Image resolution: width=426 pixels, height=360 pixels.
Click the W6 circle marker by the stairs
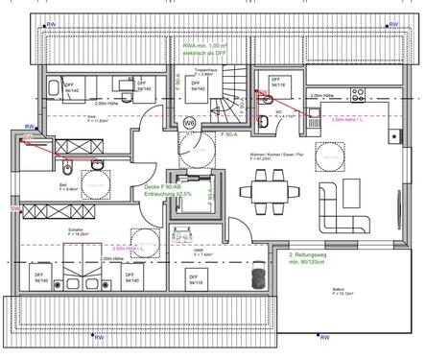coord(190,122)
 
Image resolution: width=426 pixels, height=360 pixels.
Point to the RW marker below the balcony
coord(323,338)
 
